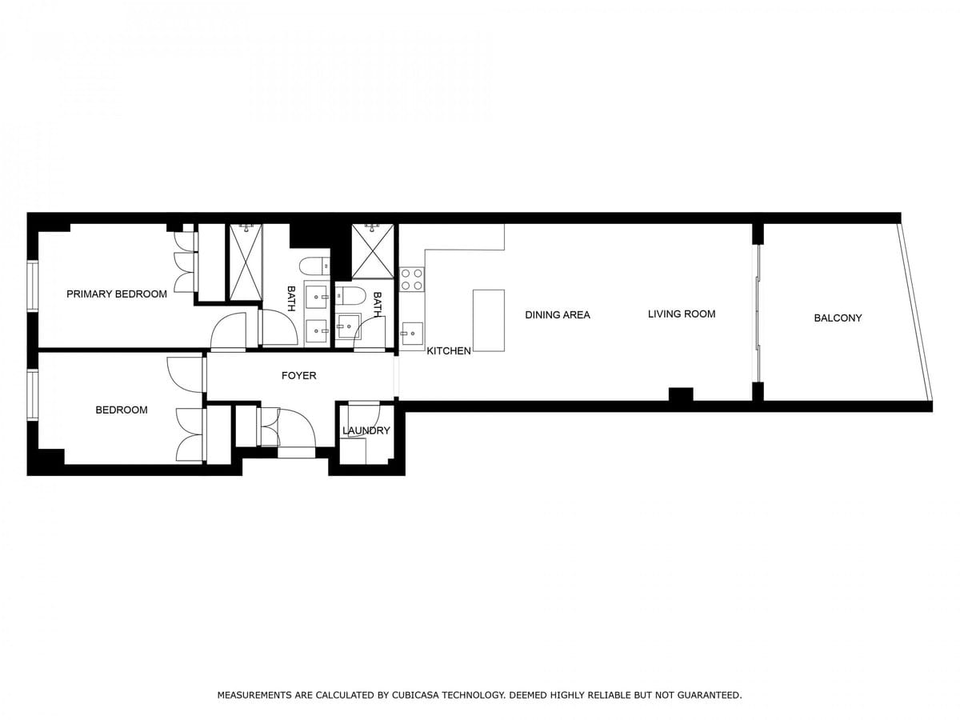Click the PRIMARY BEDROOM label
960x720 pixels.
116,294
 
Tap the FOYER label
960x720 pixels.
298,375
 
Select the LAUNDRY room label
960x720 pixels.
366,430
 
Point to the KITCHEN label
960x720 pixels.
449,350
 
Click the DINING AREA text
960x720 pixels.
558,314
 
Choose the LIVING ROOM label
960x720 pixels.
682,314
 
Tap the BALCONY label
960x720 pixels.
838,318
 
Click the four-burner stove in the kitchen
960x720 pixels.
412,280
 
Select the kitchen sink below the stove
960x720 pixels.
412,333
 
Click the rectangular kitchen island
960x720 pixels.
489,321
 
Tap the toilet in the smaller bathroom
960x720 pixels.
349,296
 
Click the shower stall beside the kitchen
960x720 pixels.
373,251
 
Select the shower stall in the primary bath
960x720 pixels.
246,262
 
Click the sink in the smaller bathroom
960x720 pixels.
349,326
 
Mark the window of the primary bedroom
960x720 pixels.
33,286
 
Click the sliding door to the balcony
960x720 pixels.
758,314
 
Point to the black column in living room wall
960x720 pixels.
681,394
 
